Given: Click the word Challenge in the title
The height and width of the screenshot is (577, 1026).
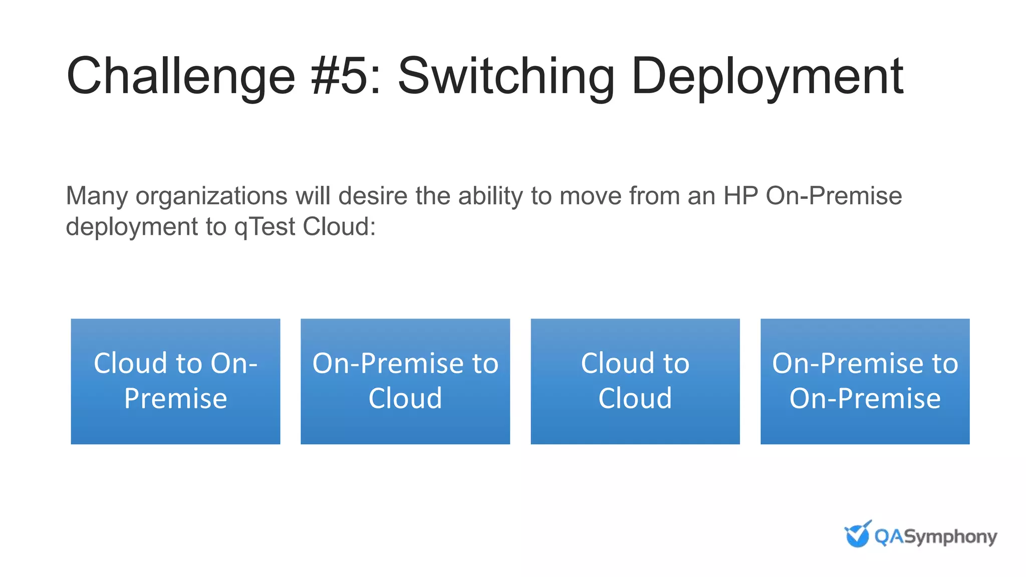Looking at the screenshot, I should pyautogui.click(x=181, y=77).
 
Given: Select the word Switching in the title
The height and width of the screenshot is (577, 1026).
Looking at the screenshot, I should pyautogui.click(x=506, y=77).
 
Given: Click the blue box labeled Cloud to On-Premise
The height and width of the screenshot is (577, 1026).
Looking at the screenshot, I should pyautogui.click(x=175, y=381).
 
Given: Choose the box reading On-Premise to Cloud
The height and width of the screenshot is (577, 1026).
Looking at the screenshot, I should pyautogui.click(x=405, y=381).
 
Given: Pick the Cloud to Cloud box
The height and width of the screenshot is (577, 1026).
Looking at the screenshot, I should pyautogui.click(x=635, y=381).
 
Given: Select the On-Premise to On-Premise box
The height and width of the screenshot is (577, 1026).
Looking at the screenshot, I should pyautogui.click(x=865, y=381).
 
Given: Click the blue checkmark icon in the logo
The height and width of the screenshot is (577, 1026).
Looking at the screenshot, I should pyautogui.click(x=857, y=534).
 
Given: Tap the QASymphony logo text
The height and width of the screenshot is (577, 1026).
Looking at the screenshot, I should pyautogui.click(x=935, y=537).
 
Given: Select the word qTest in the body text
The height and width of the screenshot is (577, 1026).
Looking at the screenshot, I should pyautogui.click(x=265, y=227).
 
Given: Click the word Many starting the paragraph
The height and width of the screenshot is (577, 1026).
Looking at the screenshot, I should pyautogui.click(x=97, y=196).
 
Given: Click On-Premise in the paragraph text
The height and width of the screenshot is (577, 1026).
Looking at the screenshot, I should pyautogui.click(x=834, y=196).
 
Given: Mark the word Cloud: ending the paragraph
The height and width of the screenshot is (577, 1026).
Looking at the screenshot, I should pyautogui.click(x=339, y=227).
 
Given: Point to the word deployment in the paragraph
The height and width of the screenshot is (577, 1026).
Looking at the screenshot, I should pyautogui.click(x=132, y=227).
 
